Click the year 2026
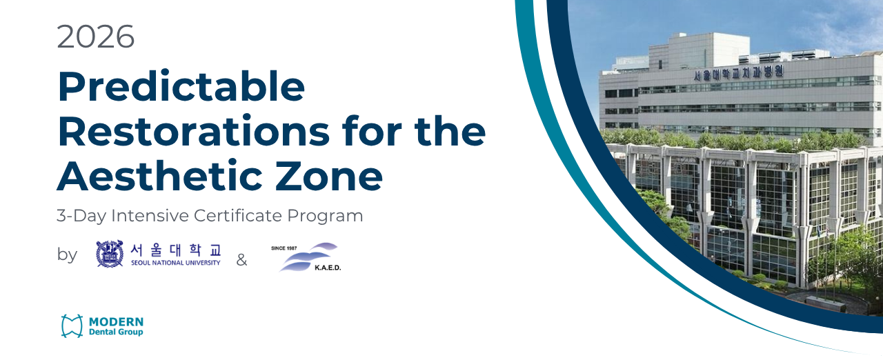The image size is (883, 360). click(x=96, y=37)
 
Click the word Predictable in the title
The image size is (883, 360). click(x=181, y=87)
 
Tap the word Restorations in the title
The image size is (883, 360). click(x=194, y=131)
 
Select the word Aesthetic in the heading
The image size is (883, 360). click(x=160, y=176)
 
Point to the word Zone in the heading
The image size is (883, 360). click(x=329, y=176)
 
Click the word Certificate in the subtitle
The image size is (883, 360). click(x=238, y=215)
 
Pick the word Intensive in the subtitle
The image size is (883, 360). click(x=150, y=215)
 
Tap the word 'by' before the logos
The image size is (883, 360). click(x=67, y=254)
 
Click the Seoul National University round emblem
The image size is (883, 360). click(x=110, y=254)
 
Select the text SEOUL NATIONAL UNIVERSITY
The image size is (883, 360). click(x=175, y=263)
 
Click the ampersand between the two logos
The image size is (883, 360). click(x=241, y=260)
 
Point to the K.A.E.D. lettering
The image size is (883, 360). click(x=328, y=268)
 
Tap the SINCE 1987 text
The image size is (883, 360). click(x=284, y=248)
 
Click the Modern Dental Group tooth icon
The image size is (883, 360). click(x=72, y=326)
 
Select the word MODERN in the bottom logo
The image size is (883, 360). click(x=117, y=322)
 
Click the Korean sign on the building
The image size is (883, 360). click(x=738, y=73)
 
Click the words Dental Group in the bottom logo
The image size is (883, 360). click(x=116, y=332)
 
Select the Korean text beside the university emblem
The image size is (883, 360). click(x=176, y=250)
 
